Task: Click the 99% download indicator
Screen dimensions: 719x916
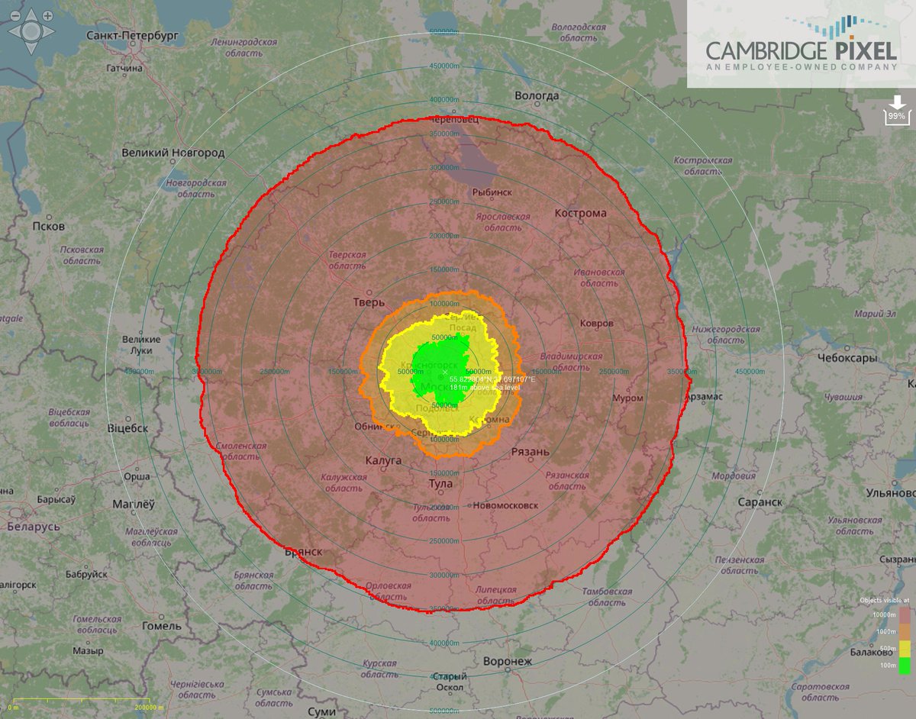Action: tap(896, 111)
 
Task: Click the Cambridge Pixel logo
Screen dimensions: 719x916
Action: tap(801, 46)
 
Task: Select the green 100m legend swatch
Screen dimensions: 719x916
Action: tap(905, 666)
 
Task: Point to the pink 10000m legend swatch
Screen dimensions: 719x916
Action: tap(905, 614)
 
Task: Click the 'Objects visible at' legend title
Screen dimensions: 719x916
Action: tap(885, 600)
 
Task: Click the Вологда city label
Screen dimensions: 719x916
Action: tap(537, 95)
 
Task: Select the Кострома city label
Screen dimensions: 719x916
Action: tap(581, 213)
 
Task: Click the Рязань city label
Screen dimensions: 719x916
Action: tap(531, 452)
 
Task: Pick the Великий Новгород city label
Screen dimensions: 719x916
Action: tap(173, 153)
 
